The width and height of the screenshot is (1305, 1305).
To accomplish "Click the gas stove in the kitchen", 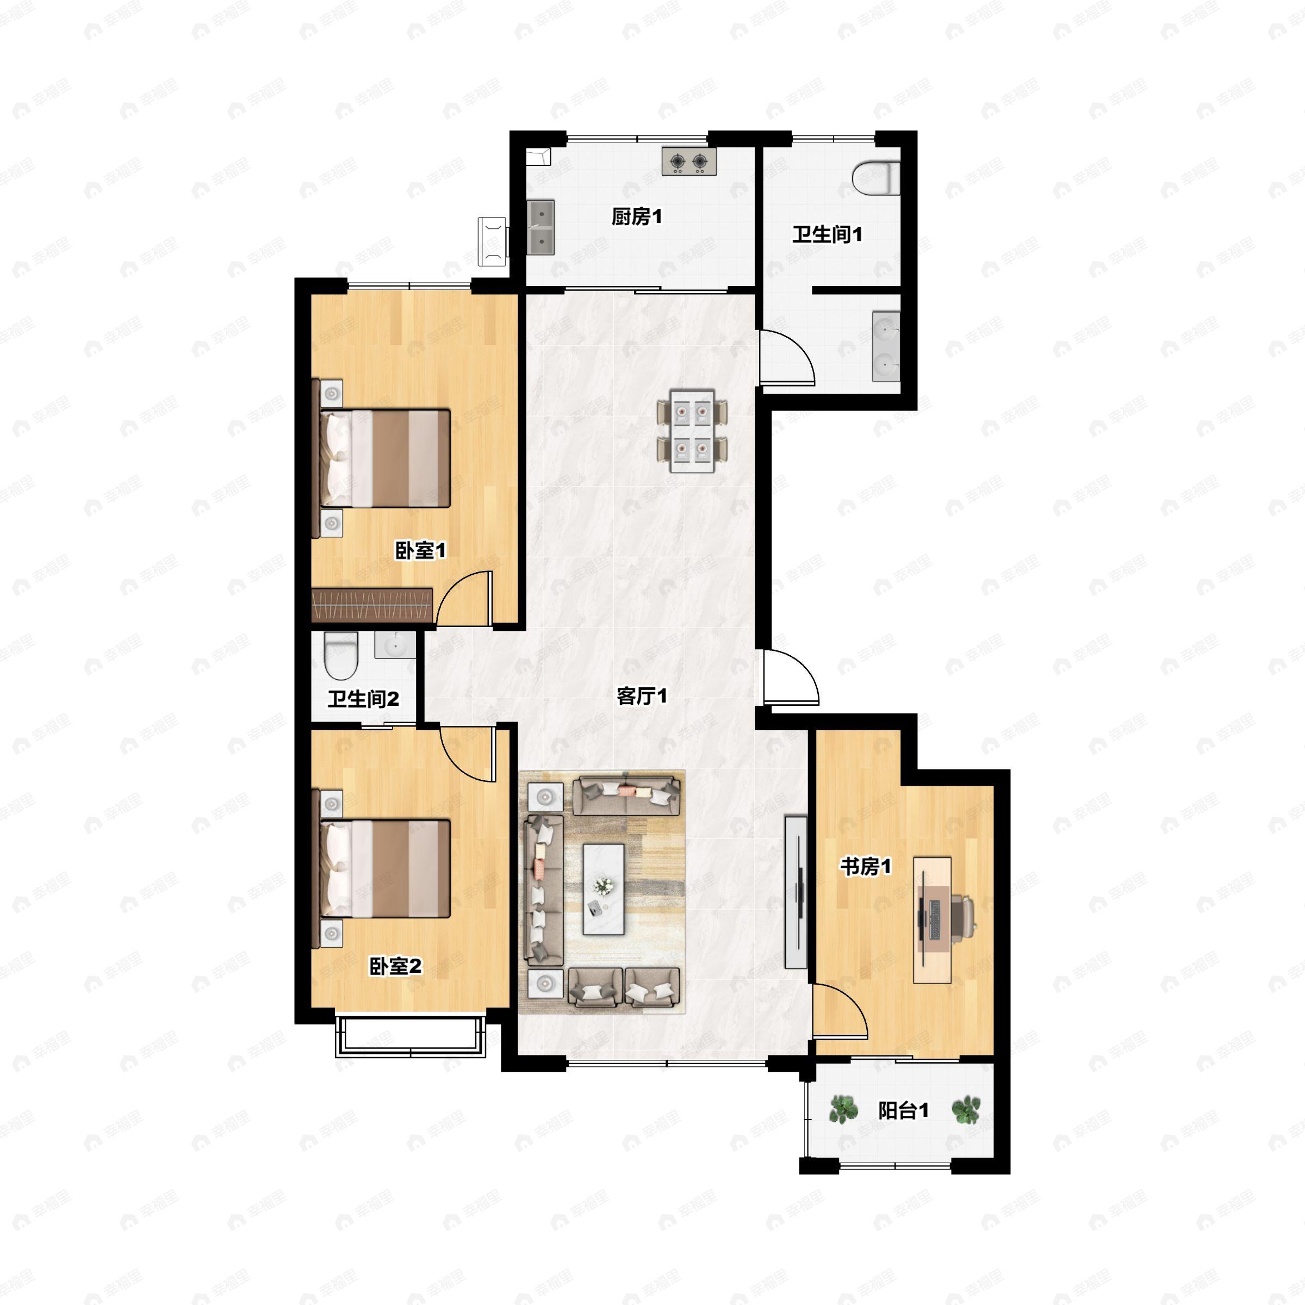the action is point(689,161).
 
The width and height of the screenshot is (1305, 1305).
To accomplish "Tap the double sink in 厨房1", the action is point(540,227).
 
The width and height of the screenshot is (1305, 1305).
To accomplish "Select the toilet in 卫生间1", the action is point(876,178).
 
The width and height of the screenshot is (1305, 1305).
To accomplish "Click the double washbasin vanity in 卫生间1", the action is point(886,346).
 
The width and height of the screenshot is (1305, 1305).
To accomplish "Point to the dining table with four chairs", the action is point(692,431).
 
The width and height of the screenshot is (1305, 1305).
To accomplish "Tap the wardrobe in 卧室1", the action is point(371,605).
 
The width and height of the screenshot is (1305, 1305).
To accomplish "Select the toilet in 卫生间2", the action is point(340,656).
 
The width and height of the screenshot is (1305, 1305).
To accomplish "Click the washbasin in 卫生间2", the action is point(395,645).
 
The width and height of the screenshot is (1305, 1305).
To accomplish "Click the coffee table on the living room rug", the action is point(603,889).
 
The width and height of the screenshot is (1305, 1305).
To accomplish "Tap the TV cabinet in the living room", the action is point(796,892).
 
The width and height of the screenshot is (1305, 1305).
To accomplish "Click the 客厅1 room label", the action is point(642,697).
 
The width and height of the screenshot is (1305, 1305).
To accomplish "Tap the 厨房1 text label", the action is point(637,217).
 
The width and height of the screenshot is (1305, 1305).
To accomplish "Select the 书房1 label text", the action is point(866,867).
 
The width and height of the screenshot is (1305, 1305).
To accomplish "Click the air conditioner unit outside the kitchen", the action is point(493,241).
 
